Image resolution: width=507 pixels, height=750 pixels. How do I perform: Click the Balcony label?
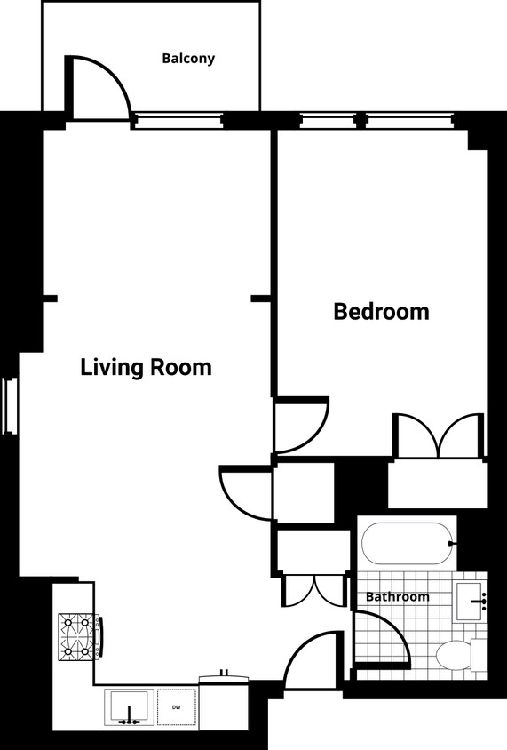point(188,59)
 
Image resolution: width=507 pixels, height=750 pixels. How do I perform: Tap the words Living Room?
point(146,367)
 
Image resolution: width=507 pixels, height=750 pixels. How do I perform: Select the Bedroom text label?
point(381,312)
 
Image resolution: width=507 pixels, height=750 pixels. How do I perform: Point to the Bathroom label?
point(397,597)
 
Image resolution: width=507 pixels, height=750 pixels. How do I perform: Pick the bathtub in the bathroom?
point(408,543)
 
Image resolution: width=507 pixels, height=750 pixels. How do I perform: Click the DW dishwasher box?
point(177,708)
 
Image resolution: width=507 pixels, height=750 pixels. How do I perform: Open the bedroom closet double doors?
point(440,435)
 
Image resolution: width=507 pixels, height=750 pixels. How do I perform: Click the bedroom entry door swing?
point(299,426)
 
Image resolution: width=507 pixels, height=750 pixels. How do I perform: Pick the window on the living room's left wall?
point(10,406)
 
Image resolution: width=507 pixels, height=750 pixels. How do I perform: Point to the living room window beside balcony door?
point(177,120)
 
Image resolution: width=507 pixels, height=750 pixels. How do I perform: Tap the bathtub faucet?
point(452,543)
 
